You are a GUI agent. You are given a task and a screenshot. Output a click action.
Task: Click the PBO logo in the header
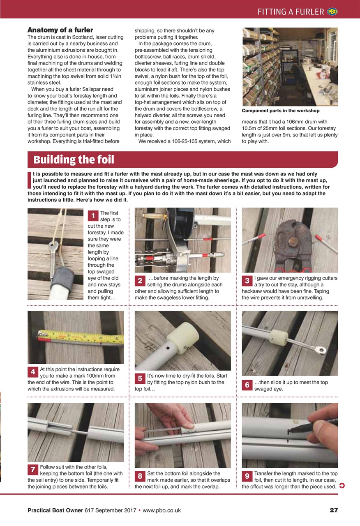pos(332,12)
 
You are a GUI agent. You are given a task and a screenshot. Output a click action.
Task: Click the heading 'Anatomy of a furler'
pos(60,30)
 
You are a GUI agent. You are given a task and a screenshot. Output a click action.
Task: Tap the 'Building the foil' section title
pos(74,159)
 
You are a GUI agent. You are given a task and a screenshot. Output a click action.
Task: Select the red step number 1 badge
pos(93,215)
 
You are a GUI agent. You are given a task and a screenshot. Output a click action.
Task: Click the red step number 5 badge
pos(140,378)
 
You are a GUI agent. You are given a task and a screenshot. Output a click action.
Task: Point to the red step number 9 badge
pos(247,476)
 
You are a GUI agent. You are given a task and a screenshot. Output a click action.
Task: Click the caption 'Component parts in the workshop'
pos(280,111)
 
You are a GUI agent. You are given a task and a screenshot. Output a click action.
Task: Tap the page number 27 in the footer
pos(333,510)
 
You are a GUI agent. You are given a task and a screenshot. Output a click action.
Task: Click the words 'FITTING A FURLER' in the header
pos(291,12)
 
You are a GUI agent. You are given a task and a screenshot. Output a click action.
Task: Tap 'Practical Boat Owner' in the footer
pos(55,510)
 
